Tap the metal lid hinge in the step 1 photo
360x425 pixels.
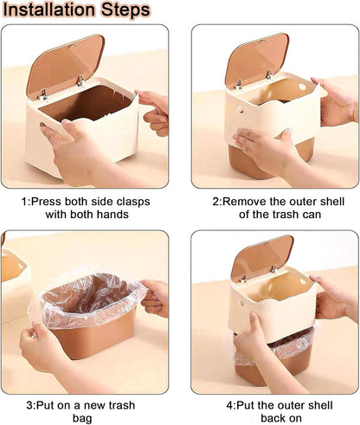(x=80, y=80)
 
